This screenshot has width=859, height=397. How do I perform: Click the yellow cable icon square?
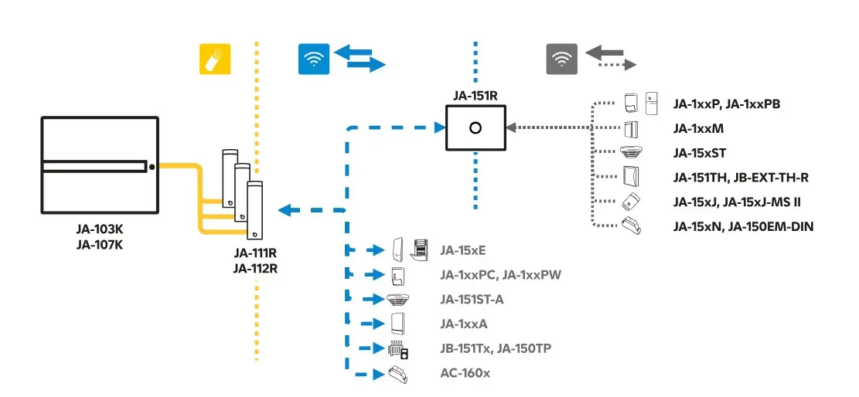pyautogui.click(x=216, y=59)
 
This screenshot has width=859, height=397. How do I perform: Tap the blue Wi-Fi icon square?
pyautogui.click(x=314, y=59)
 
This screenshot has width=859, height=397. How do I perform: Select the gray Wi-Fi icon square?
pyautogui.click(x=562, y=59)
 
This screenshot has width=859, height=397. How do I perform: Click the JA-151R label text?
pyautogui.click(x=475, y=97)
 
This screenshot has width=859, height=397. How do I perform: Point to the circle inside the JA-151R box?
pyautogui.click(x=475, y=127)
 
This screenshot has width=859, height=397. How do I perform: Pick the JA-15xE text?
pyautogui.click(x=462, y=249)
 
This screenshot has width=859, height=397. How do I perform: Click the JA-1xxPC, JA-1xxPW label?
pyautogui.click(x=496, y=274)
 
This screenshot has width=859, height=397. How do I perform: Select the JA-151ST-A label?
pyautogui.click(x=472, y=299)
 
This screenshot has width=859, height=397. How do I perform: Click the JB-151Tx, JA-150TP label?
pyautogui.click(x=495, y=348)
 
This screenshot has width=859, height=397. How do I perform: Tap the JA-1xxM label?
pyautogui.click(x=697, y=128)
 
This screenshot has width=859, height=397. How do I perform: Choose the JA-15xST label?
pyautogui.click(x=699, y=153)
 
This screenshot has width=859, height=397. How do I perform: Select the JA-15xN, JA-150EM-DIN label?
pyautogui.click(x=743, y=226)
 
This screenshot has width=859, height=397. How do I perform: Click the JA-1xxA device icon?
pyautogui.click(x=399, y=324)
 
